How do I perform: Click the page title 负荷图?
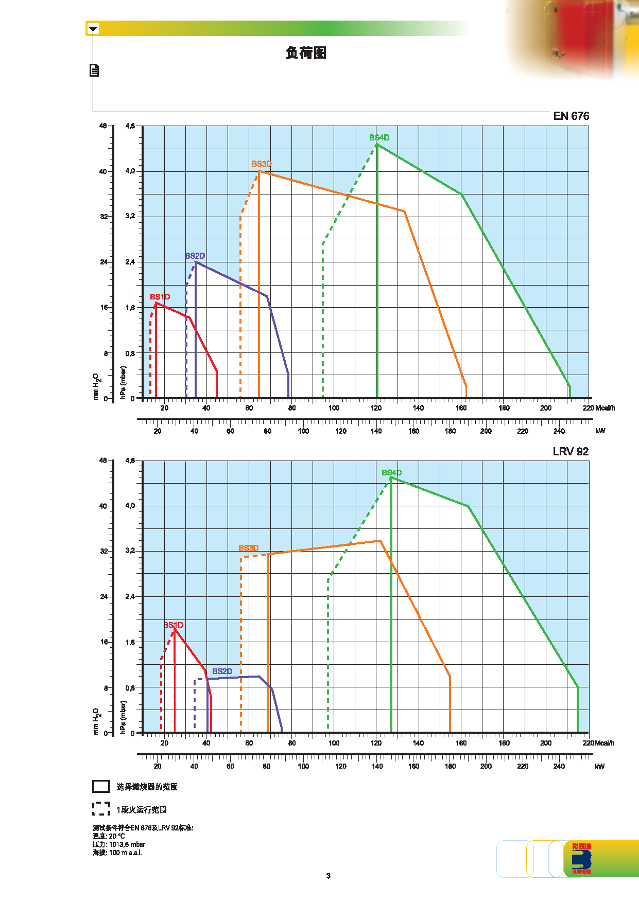[306, 53]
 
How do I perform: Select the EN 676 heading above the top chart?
[571, 116]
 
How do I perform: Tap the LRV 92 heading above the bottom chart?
[570, 452]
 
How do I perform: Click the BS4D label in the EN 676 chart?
[379, 138]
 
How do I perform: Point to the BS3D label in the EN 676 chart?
[262, 164]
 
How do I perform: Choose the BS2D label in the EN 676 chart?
[195, 256]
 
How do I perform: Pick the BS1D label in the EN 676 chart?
[160, 297]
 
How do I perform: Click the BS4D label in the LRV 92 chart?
[391, 473]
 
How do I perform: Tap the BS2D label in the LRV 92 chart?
[222, 671]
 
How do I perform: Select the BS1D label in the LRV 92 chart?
[173, 625]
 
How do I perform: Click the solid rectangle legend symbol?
[101, 786]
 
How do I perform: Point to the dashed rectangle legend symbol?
[101, 809]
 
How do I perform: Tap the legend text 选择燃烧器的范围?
[147, 787]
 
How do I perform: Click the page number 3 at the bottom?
[329, 876]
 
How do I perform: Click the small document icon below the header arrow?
[94, 70]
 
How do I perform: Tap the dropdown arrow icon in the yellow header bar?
[93, 29]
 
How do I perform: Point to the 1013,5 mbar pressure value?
[127, 844]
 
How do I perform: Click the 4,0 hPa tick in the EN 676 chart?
[130, 171]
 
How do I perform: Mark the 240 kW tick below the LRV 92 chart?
[559, 766]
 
